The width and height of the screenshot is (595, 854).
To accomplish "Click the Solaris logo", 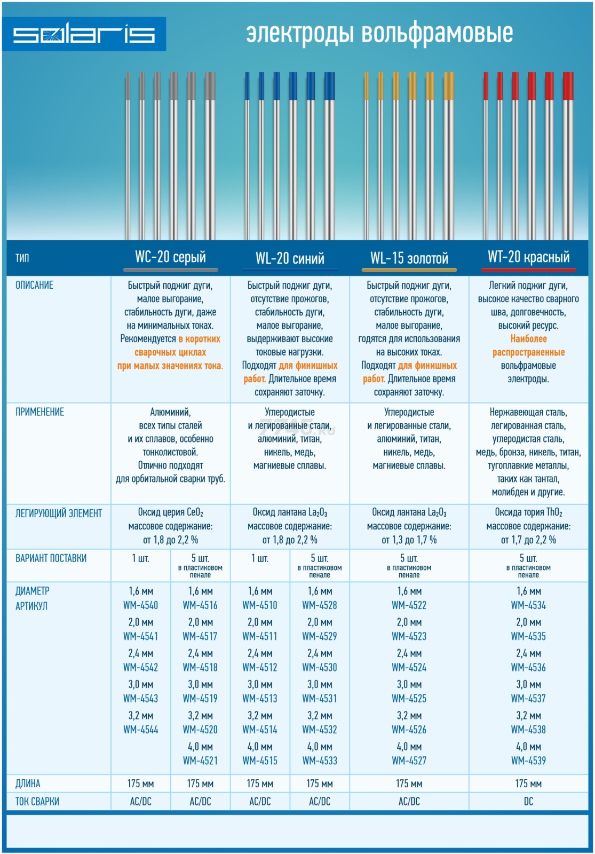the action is (84, 34).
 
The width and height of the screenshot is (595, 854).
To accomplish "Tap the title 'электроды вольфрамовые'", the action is (379, 33).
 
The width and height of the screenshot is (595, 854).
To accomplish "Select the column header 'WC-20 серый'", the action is (170, 257).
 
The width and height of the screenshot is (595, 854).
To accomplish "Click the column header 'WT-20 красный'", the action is (529, 257).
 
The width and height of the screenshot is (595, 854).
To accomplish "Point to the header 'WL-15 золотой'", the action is (409, 258).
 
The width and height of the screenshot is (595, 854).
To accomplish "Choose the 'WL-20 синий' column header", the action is (290, 258).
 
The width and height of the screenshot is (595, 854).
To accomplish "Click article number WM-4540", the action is (141, 605).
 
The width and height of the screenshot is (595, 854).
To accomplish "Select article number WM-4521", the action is (200, 761).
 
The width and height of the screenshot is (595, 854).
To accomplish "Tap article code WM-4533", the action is (320, 761).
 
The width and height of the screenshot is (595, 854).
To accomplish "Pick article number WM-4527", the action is (409, 761).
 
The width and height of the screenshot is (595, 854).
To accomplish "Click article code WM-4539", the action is (528, 761).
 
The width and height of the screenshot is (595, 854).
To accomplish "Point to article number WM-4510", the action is (259, 605).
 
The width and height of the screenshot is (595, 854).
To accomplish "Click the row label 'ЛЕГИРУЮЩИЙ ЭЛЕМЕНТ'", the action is (59, 513).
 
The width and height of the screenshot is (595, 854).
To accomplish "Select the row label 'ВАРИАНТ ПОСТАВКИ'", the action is (51, 558).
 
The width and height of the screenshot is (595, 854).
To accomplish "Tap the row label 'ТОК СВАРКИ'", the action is (37, 801).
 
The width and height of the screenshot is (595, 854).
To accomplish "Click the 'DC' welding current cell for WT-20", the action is (528, 801).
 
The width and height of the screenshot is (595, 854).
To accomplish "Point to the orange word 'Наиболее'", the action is (529, 338).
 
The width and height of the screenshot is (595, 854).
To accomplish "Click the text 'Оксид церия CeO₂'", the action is (170, 512).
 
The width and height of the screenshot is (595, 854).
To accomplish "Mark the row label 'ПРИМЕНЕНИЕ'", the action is (39, 412).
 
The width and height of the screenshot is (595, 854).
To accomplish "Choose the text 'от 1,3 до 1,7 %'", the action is (409, 540).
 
